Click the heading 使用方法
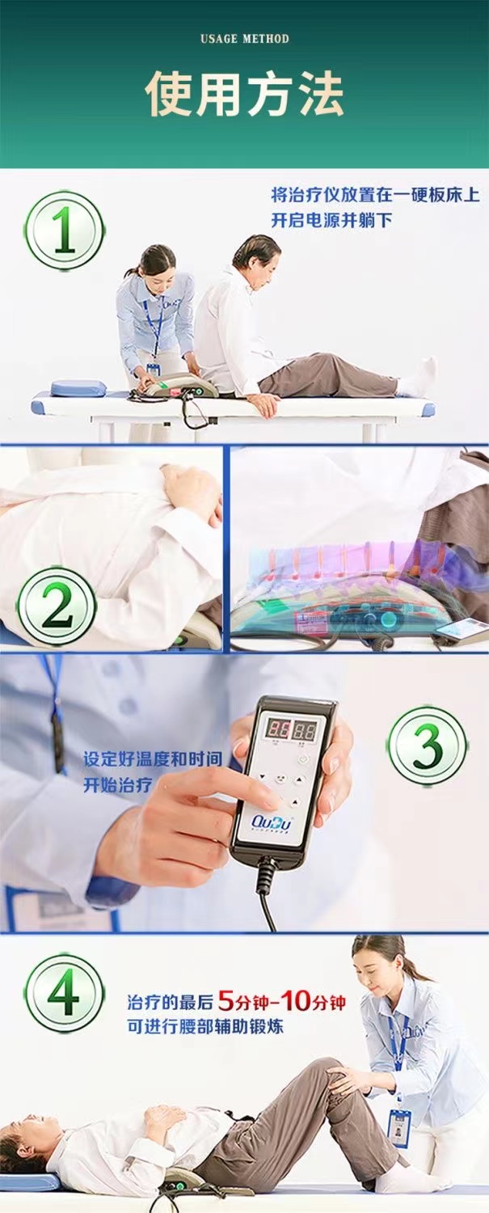[244, 95]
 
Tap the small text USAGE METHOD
[244, 38]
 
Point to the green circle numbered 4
[64, 993]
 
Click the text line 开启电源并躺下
[331, 220]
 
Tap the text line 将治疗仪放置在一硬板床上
[375, 195]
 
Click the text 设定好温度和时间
[153, 760]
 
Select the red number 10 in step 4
[297, 1002]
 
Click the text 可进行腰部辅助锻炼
[205, 1026]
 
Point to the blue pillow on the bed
[78, 388]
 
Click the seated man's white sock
[418, 378]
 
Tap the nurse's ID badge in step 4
[398, 1127]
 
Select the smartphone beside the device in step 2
[461, 628]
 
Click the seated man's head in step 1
[257, 252]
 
